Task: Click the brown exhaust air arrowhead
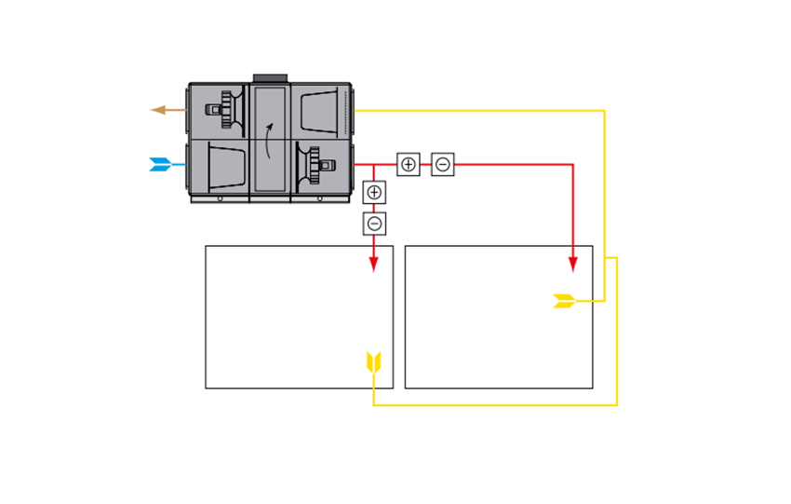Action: click(156, 110)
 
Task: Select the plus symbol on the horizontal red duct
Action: click(409, 164)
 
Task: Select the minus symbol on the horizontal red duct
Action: click(443, 164)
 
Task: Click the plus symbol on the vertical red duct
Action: click(374, 193)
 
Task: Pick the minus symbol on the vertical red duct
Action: click(374, 224)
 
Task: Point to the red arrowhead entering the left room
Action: click(374, 264)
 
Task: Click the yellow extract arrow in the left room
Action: click(374, 362)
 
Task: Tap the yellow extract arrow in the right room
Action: click(564, 301)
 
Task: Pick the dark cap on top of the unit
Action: click(271, 76)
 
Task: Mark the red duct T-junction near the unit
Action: click(374, 164)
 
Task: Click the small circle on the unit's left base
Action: click(220, 198)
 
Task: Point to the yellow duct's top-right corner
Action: click(605, 111)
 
